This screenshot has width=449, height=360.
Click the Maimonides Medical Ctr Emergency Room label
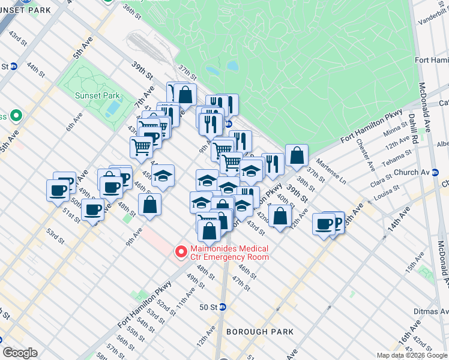tap(229, 253)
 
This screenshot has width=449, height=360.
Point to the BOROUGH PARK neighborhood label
tap(260, 332)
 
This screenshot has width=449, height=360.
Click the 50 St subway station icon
tap(223, 307)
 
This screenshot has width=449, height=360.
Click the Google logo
tap(20, 353)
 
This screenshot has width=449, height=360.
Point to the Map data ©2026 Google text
tap(411, 355)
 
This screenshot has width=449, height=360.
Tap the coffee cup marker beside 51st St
tap(93, 210)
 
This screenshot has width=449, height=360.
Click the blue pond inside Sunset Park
tap(112, 107)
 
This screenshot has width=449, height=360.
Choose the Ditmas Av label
tap(431, 311)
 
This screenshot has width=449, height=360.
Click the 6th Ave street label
tap(74, 122)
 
